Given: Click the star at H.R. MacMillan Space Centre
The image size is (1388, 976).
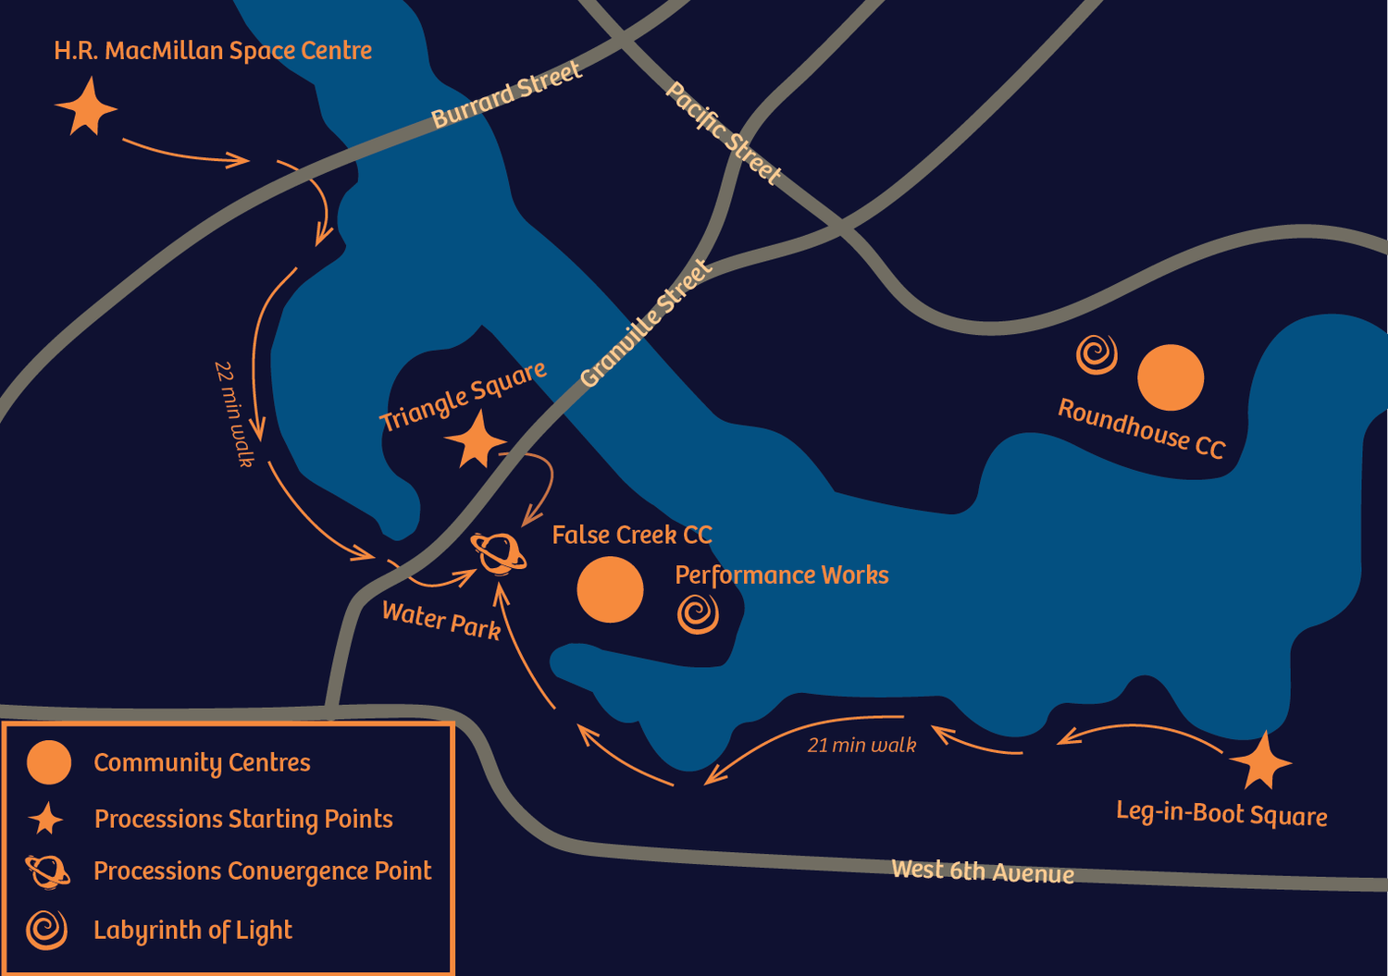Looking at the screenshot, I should pos(86,108).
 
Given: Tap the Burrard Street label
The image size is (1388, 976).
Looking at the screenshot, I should pos(506,94).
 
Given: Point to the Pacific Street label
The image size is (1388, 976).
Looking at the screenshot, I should pos(724,133).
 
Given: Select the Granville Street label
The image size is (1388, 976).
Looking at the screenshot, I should pos(646,323).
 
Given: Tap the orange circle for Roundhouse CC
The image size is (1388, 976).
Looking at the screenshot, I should pos(1171,377).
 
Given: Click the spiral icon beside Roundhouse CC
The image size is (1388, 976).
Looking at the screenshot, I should pos(1097,354).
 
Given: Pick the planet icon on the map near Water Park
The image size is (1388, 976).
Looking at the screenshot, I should pos(500,553).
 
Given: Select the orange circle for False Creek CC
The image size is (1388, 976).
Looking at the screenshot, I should pos(610,589).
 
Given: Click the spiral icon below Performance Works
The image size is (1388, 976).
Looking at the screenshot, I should pos(698,613).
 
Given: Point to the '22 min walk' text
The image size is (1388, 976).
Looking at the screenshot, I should pos(234,414).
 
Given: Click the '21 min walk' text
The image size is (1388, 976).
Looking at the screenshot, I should pos(861,745).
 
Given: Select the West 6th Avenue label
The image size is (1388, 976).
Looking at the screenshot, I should pos(983,871).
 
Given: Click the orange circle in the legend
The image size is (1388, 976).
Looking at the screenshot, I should pos(49,762).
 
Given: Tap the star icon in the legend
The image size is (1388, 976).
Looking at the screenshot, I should pos(45,820).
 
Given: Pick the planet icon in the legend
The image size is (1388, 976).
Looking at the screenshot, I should pos(47,871).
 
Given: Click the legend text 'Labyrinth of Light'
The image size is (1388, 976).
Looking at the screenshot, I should pos(192,930).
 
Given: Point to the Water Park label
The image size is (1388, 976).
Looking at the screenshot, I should pos(441,621).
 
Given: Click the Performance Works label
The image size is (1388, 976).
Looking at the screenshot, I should pos(781,575).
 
